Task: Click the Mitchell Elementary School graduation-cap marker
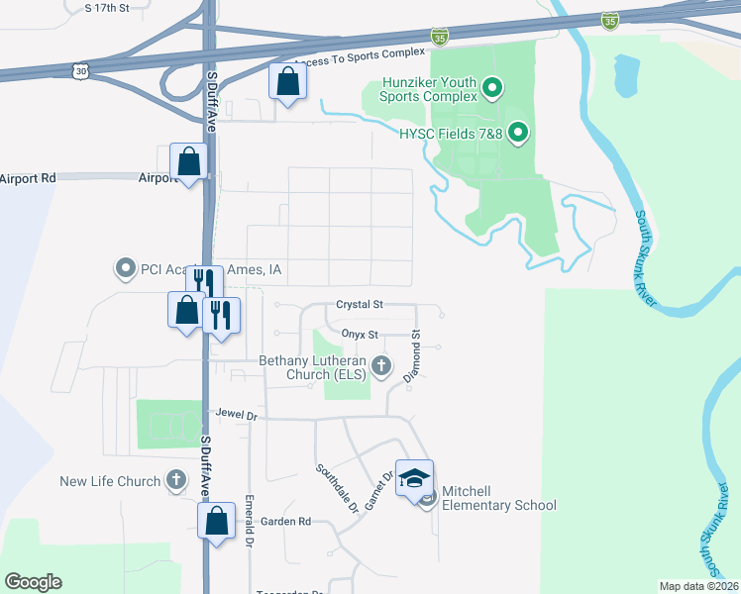pyautogui.click(x=415, y=478)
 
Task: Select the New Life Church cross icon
pyautogui.click(x=175, y=481)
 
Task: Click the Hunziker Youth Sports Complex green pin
pyautogui.click(x=490, y=91)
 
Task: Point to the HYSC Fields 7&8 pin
pyautogui.click(x=517, y=133)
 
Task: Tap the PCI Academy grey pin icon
pyautogui.click(x=125, y=268)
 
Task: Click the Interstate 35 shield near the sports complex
pyautogui.click(x=440, y=37)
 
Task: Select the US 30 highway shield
pyautogui.click(x=80, y=70)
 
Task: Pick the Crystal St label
pyautogui.click(x=360, y=305)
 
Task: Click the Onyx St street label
pyautogui.click(x=361, y=336)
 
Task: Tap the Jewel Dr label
pyautogui.click(x=236, y=416)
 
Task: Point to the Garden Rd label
pyautogui.click(x=286, y=522)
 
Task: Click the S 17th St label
pyautogui.click(x=107, y=8)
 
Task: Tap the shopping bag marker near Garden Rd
pyautogui.click(x=216, y=521)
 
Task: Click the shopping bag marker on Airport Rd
pyautogui.click(x=188, y=162)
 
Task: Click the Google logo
pyautogui.click(x=33, y=582)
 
